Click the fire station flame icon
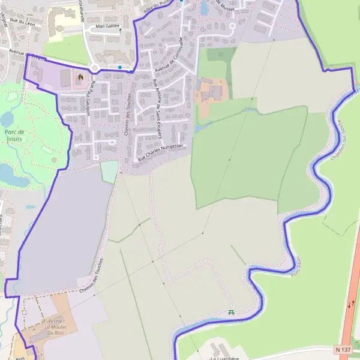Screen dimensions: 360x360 pyautogui.click(x=80, y=77)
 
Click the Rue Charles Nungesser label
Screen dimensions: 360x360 pyautogui.click(x=160, y=153)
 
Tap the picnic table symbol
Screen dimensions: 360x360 pyautogui.click(x=231, y=311)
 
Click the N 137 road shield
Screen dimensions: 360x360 pyautogui.click(x=343, y=349)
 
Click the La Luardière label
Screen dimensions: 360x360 pyautogui.click(x=221, y=358)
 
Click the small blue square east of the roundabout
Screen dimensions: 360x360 pyautogui.click(x=120, y=67)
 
